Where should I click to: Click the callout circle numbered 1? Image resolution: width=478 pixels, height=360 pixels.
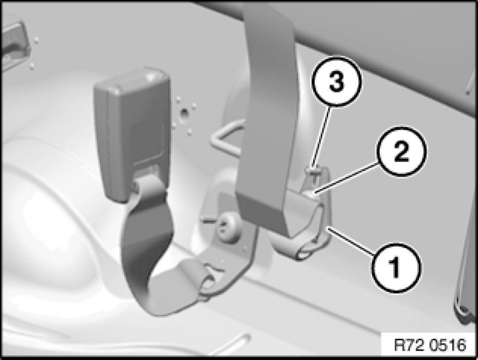pos(396,267)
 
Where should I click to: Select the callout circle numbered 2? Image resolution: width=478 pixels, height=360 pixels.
pos(401,151)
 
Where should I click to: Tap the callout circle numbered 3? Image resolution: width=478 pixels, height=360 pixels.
pos(337,81)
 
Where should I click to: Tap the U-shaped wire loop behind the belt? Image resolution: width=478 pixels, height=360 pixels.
pos(227,138)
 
